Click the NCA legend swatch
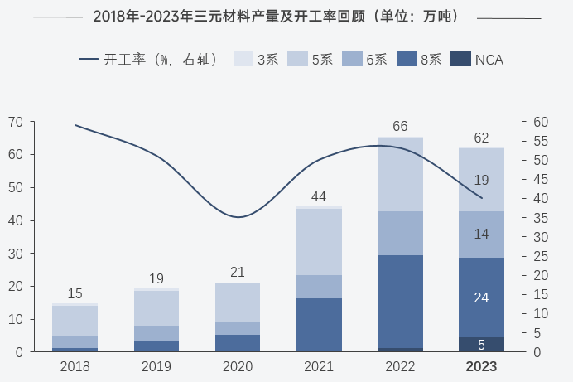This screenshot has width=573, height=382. coord(460,60)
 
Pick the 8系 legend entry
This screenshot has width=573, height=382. coord(419,60)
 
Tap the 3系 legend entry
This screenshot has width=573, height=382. coord(256,60)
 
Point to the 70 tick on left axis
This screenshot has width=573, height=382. coord(16,122)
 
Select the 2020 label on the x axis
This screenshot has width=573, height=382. coord(238,366)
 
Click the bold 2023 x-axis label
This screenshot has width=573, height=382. coord(481,366)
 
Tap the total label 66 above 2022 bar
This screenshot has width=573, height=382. coord(400,127)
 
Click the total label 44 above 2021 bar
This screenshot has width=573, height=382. coord(319,196)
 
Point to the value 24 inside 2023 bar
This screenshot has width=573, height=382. coord(481,297)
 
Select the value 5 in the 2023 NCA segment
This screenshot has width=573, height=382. coord(481,344)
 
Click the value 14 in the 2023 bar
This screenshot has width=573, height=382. coord(481,235)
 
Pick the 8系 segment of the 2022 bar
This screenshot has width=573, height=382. coord(400,302)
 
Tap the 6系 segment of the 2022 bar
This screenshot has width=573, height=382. coord(400,233)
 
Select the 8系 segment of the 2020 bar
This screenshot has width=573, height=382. coord(238,343)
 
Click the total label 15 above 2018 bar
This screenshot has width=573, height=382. coord(75,293)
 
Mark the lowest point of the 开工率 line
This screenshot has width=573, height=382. coord(238,217)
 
